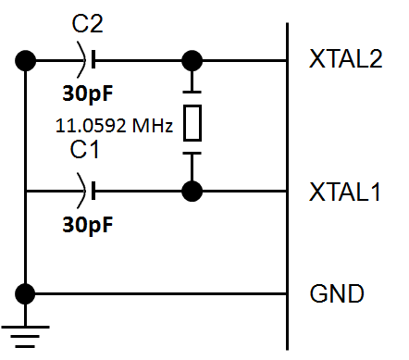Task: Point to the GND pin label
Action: pos(336,295)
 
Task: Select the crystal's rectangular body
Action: pos(192,122)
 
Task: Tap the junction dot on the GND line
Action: pos(26,294)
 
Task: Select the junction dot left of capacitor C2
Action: pos(26,61)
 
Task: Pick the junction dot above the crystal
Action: pos(192,61)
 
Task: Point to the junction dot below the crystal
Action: pos(192,191)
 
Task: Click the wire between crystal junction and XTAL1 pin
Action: pos(241,191)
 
